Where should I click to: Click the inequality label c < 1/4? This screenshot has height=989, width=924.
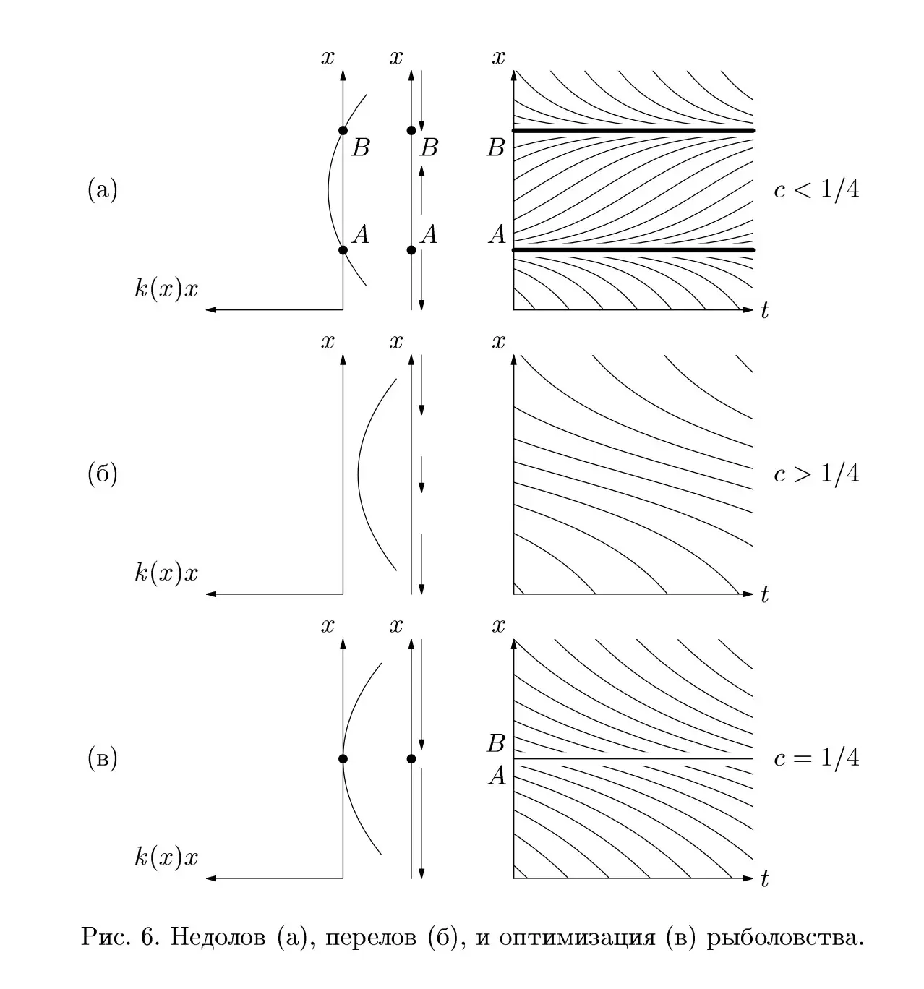(816, 189)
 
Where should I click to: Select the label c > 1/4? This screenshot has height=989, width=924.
(816, 473)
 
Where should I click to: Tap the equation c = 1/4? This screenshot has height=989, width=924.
(816, 758)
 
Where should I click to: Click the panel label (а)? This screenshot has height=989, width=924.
(103, 189)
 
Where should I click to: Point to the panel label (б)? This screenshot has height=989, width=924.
(103, 473)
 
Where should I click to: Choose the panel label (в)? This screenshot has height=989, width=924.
(103, 758)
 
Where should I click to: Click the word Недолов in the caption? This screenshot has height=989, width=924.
(218, 937)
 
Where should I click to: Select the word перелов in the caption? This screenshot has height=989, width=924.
(371, 938)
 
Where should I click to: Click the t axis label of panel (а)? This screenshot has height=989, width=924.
(765, 310)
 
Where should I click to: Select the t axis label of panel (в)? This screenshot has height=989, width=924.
(765, 879)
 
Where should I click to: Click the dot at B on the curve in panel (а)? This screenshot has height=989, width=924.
(343, 130)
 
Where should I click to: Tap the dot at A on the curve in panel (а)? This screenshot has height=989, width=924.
(343, 250)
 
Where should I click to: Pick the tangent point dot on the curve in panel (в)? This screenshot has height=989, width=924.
(343, 759)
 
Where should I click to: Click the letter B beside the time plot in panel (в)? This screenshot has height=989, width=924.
(496, 743)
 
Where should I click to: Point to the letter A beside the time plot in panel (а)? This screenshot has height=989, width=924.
(497, 234)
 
